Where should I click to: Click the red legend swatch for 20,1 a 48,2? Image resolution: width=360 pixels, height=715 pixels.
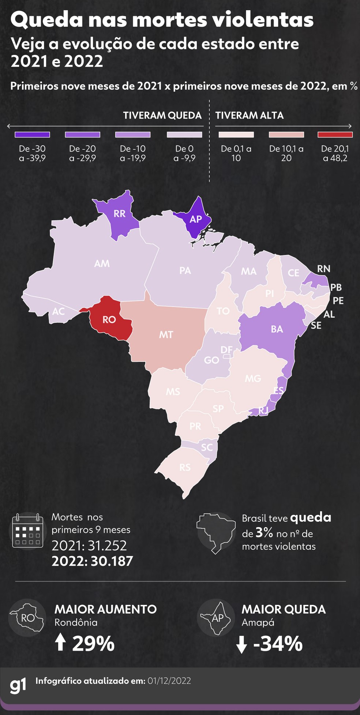335,135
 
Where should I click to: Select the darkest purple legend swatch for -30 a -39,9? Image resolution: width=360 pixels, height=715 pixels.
32,135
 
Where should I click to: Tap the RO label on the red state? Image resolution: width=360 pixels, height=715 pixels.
109,320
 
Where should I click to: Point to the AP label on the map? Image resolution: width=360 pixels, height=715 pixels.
196,219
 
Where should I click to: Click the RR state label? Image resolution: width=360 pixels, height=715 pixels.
120,214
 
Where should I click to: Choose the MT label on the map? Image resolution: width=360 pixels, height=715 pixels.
166,335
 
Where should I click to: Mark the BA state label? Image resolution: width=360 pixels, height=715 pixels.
277,329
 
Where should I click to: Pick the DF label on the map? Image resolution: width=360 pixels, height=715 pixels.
226,350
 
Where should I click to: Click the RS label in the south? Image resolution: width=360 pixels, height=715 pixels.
185,467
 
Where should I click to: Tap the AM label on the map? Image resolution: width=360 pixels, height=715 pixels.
102,263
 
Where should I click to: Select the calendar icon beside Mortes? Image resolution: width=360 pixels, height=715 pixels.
27,531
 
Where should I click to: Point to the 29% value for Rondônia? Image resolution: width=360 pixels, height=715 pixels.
93,644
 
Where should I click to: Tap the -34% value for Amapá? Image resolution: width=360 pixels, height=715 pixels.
278,644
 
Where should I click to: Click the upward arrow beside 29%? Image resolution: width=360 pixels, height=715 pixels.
60,642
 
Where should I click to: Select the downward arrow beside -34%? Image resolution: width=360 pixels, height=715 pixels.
241,644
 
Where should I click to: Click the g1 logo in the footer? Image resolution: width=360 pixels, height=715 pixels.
18,685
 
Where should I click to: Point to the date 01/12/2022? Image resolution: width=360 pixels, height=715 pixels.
169,681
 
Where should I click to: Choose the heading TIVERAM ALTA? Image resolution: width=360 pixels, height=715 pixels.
249,116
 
